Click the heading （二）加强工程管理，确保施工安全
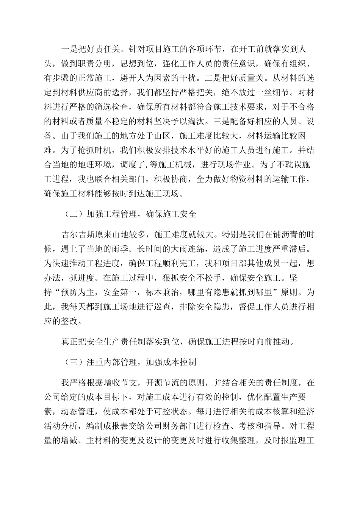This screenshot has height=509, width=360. (x=129, y=214)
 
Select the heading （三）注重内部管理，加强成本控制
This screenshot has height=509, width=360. (x=129, y=362)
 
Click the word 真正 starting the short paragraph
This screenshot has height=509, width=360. (x=70, y=342)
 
